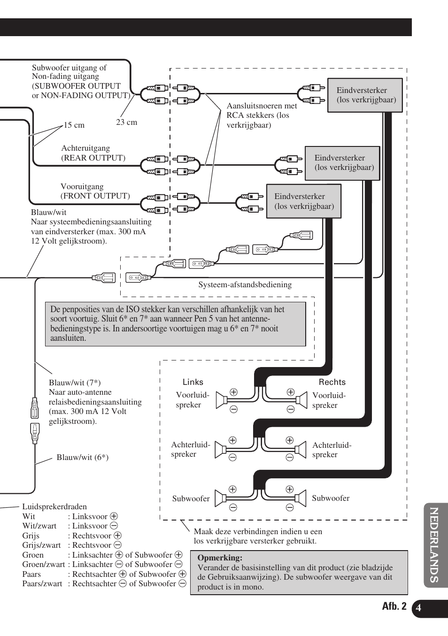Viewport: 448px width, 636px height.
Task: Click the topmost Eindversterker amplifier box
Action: point(365,95)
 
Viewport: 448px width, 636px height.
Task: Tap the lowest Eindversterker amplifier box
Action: point(304,201)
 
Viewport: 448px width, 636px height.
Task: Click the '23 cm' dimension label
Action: point(127,123)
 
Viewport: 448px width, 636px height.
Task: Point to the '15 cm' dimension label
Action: point(74,125)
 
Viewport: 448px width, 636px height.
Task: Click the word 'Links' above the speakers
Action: point(193,382)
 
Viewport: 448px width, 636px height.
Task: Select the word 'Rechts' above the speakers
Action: point(332,382)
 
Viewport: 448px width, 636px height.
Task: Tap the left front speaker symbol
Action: point(221,400)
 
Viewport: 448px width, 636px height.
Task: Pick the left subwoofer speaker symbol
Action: point(220,498)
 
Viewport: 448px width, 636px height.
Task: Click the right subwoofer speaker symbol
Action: point(301,498)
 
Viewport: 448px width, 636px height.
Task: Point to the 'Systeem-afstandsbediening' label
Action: point(245,285)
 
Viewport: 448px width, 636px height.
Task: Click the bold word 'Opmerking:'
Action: point(220,558)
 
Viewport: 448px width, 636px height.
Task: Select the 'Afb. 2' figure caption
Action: point(394,606)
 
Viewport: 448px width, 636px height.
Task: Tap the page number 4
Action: point(418,608)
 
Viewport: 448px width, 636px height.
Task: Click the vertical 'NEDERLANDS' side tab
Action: point(435,545)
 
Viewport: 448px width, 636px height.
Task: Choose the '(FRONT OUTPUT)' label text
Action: point(95,196)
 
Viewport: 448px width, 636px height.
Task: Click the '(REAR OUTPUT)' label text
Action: point(93,158)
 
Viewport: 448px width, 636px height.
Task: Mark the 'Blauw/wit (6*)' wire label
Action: point(83,458)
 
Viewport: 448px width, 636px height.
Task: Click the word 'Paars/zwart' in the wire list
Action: point(42,584)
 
